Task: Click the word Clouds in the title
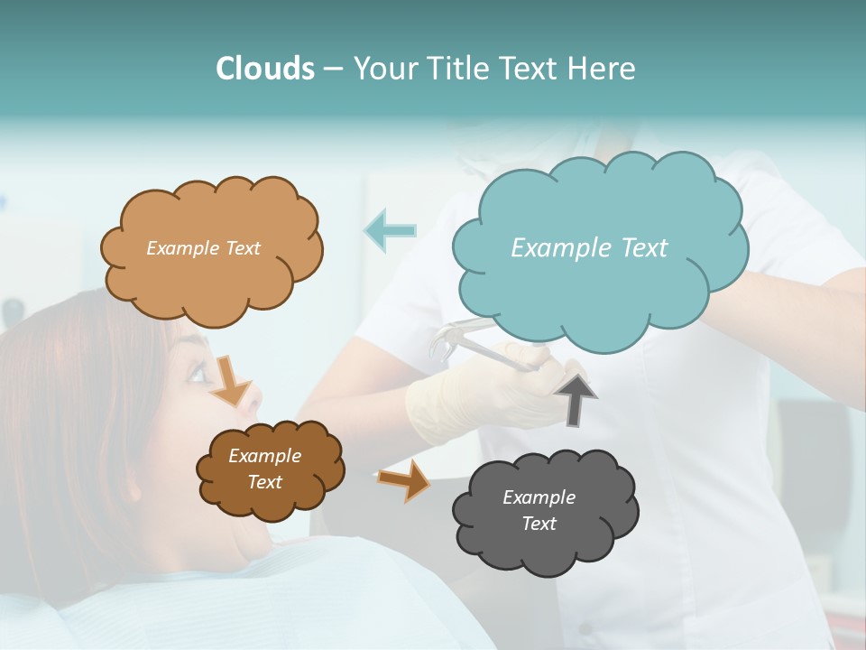(x=264, y=69)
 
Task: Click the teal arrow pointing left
(x=390, y=230)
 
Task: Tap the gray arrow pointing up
(x=575, y=397)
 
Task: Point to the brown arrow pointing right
(x=403, y=481)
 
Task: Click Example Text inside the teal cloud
(x=589, y=247)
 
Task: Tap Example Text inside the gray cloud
(x=539, y=510)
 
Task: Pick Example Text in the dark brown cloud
(x=264, y=469)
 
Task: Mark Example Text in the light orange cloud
(x=203, y=247)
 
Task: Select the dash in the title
(x=332, y=70)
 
